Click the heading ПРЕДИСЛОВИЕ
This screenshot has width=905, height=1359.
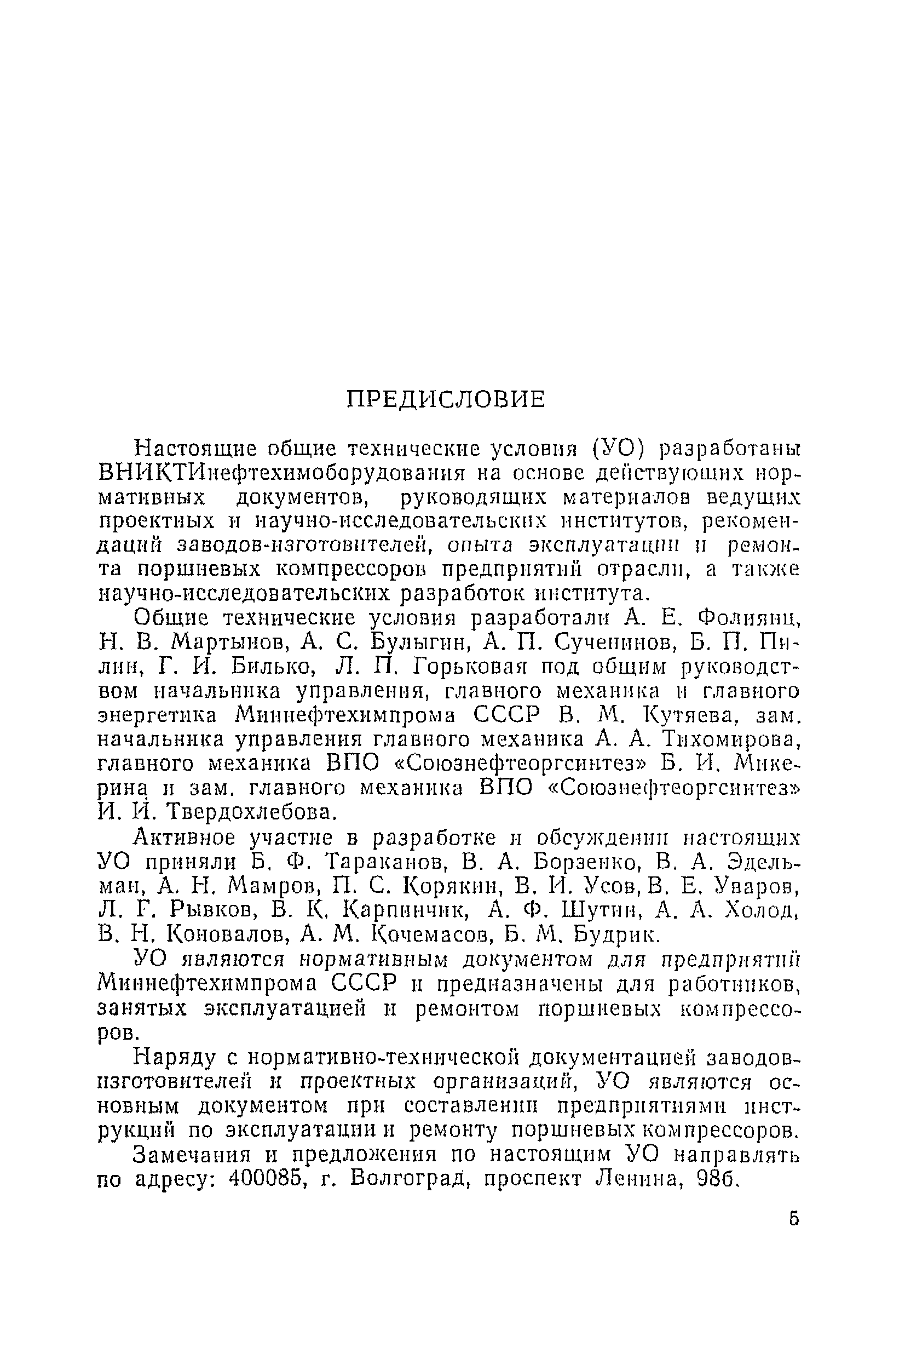446,399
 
